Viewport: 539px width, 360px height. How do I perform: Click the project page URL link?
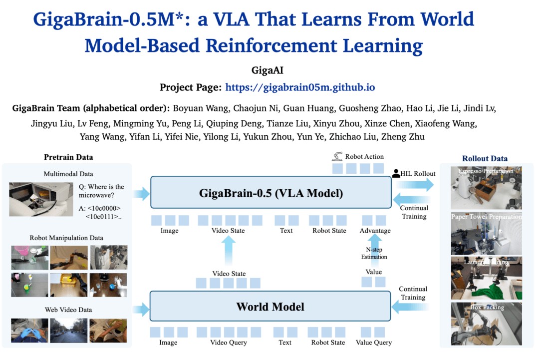(300, 87)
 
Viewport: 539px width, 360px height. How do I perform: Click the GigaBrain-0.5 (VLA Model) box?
(269, 192)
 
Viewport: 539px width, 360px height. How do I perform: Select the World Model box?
(269, 306)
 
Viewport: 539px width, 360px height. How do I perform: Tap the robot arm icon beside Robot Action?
(337, 156)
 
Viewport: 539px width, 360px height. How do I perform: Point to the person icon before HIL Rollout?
(397, 174)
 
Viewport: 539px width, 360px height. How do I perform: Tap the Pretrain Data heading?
(68, 157)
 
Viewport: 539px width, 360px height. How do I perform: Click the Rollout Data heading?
(485, 159)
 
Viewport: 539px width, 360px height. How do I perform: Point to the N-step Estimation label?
(374, 253)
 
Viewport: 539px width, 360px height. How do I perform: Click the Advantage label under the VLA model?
(375, 231)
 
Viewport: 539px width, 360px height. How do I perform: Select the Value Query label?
(374, 343)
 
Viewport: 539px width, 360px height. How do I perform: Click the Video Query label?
(229, 343)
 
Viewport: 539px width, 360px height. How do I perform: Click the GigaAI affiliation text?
(269, 70)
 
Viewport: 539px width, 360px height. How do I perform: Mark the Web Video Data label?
(69, 310)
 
